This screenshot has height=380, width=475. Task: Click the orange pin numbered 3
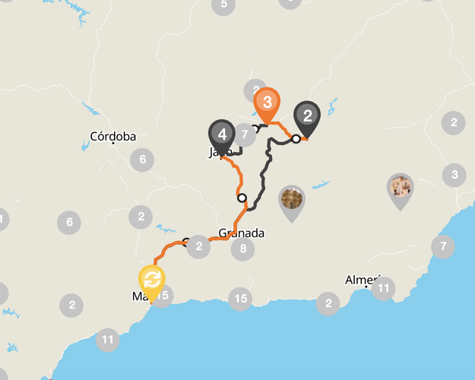click(x=267, y=102)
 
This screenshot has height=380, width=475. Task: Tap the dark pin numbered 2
click(x=307, y=116)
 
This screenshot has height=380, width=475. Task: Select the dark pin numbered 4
click(x=222, y=135)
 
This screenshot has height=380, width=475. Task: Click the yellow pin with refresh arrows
click(x=152, y=279)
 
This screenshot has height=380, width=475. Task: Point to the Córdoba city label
click(x=112, y=137)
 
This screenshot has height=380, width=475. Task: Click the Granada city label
click(x=241, y=233)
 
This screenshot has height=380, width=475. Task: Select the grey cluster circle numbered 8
click(x=242, y=249)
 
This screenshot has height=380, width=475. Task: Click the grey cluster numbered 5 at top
click(x=223, y=5)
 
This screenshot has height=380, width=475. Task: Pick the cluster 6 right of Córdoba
click(x=142, y=160)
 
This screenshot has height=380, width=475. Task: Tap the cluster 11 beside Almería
click(x=383, y=288)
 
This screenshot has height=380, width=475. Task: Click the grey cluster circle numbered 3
click(x=454, y=175)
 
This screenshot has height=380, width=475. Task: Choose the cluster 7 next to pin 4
click(x=244, y=135)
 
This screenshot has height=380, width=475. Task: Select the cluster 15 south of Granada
click(x=240, y=299)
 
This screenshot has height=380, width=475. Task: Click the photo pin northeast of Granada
click(x=292, y=200)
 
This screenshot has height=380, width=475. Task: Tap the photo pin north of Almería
click(x=400, y=187)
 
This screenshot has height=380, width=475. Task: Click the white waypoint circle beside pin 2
click(x=296, y=138)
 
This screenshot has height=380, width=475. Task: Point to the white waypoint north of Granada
click(x=242, y=198)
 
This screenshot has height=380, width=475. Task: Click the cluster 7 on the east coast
click(x=442, y=246)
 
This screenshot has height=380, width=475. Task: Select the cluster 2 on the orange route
click(x=198, y=246)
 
